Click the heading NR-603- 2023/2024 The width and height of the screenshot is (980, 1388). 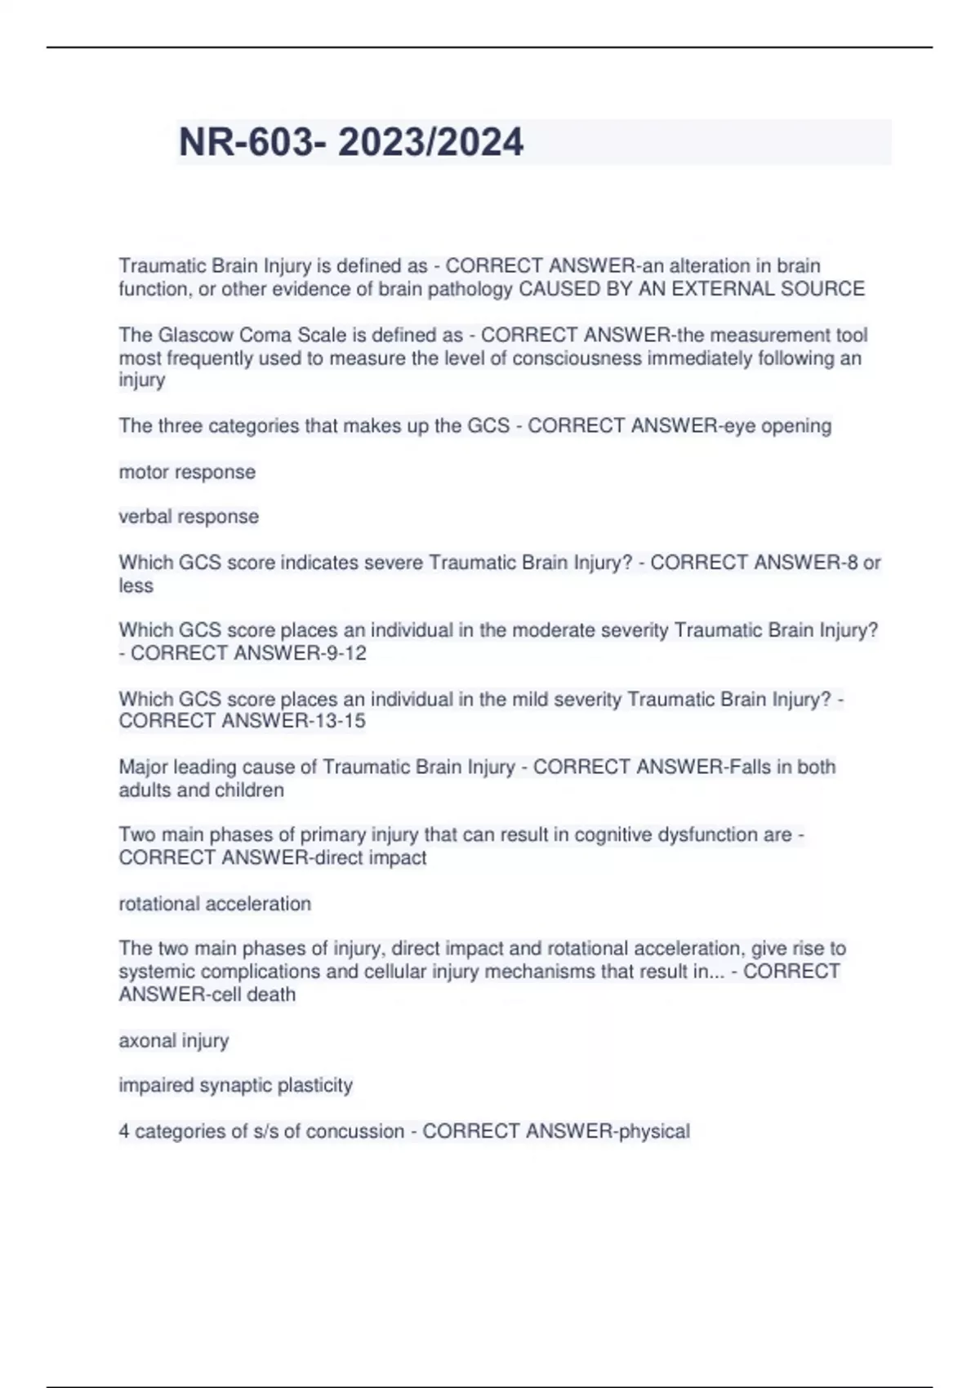pos(351,142)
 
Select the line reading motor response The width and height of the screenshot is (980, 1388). pos(187,472)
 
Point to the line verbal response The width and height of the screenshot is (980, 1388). pos(189,516)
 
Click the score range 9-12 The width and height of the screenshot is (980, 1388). pos(346,653)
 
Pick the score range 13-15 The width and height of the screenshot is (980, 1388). pos(341,721)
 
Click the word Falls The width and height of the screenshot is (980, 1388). pos(750,767)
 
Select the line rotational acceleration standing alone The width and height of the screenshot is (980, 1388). pos(215,903)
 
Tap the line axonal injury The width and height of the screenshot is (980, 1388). pos(174,1040)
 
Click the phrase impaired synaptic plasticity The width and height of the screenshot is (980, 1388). pos(235,1085)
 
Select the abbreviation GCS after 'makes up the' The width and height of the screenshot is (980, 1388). pos(488,425)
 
